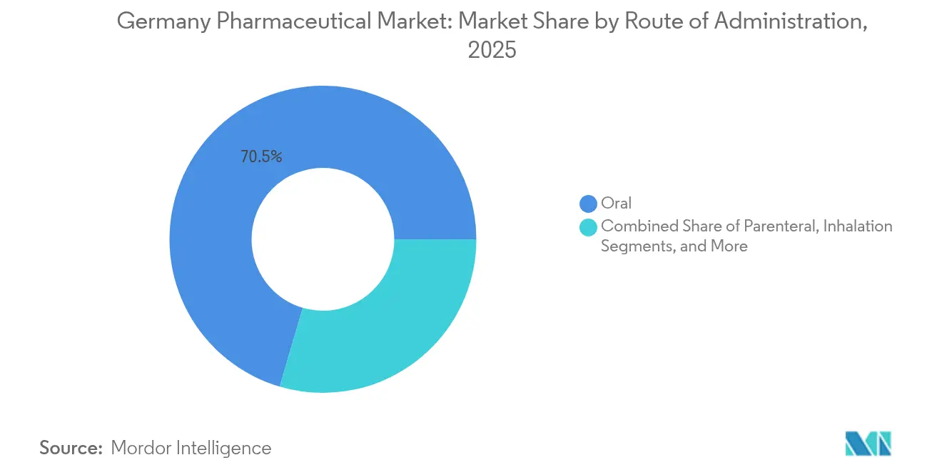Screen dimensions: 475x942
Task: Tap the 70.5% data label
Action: coord(261,157)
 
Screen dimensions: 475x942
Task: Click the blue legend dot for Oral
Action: coord(589,204)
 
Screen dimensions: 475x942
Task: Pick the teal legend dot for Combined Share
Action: coord(589,227)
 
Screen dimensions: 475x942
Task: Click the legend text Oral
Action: coord(617,204)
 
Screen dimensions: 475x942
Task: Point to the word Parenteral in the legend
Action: coord(781,226)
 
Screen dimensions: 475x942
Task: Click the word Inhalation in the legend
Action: coord(859,226)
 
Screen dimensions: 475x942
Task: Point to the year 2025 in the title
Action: coord(492,50)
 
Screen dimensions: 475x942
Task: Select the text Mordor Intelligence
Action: coord(191,448)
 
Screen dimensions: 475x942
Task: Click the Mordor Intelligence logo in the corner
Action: coord(868,444)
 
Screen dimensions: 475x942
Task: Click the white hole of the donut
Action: coord(323,239)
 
